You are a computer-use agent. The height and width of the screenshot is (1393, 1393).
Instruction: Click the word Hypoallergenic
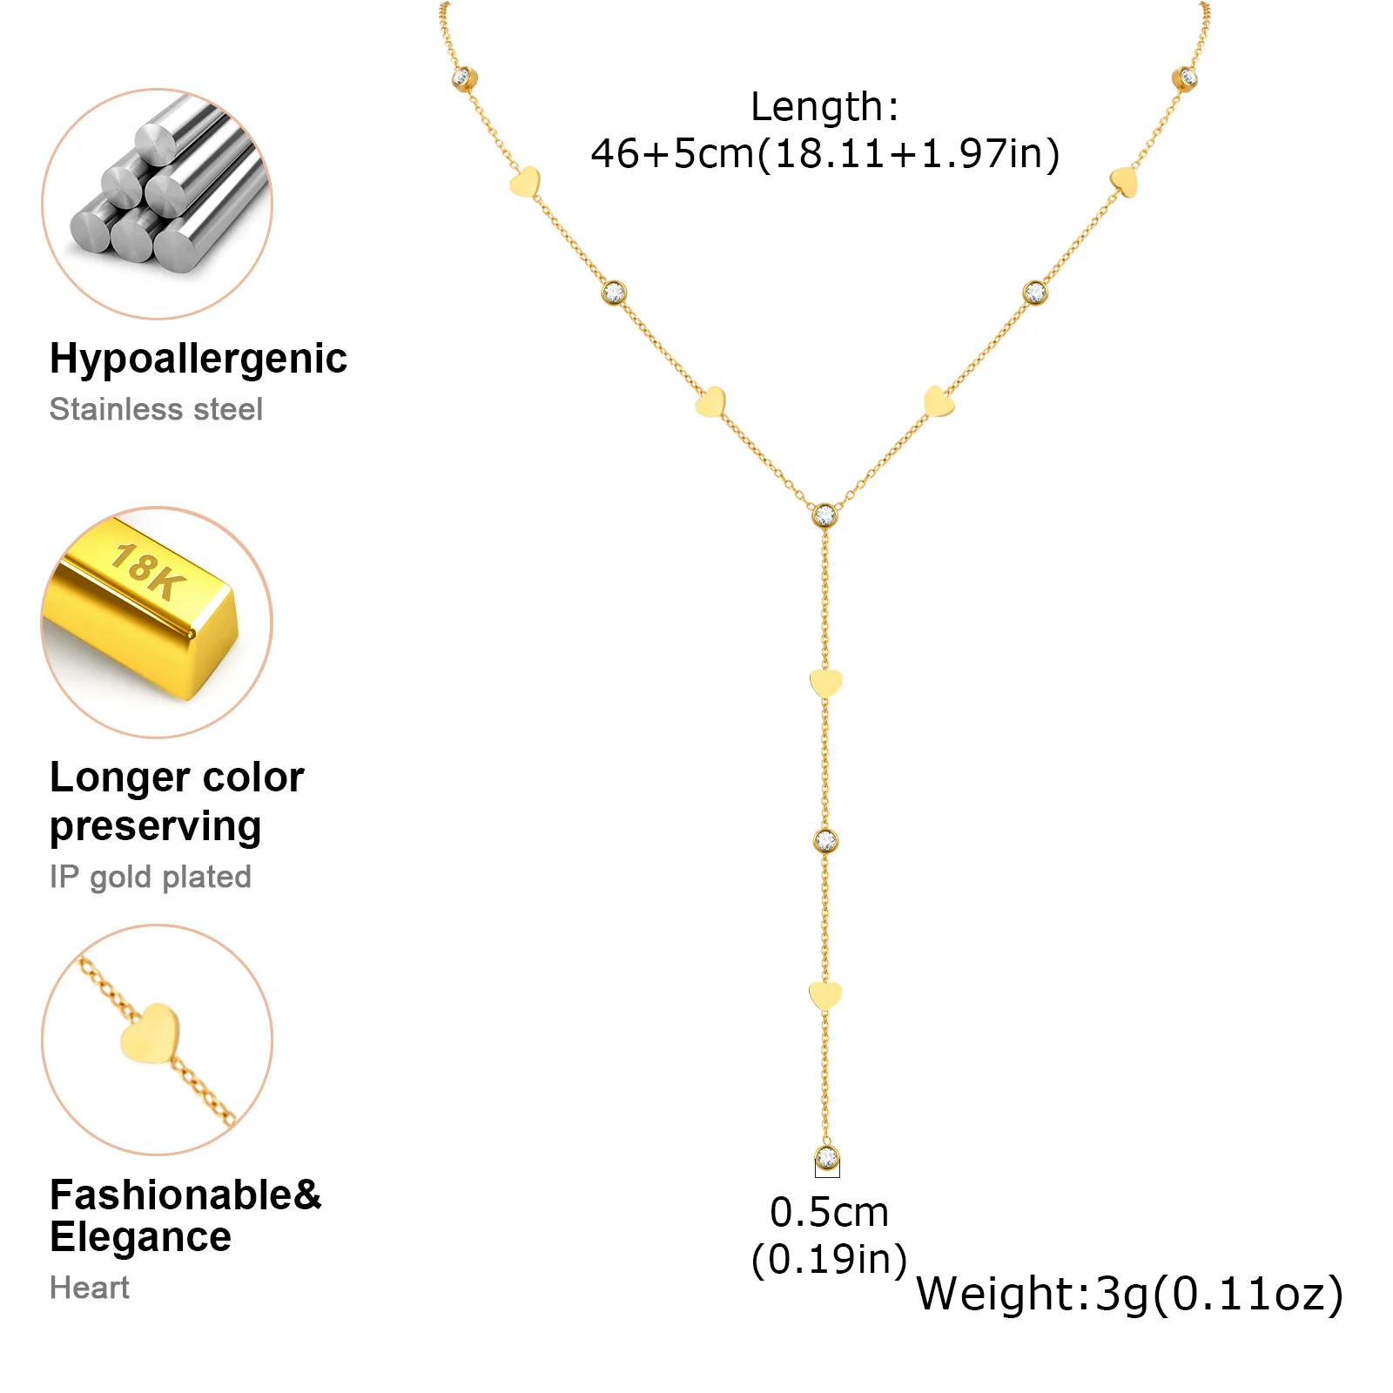[199, 360]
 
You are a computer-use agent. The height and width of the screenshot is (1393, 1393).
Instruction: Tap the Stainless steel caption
[156, 409]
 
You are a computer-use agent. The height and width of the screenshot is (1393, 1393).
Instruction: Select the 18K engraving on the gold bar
[149, 572]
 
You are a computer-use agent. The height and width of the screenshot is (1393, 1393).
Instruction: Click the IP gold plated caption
[151, 877]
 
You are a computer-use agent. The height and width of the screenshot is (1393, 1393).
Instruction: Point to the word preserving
[156, 827]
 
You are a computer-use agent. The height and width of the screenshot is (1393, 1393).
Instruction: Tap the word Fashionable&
[185, 1194]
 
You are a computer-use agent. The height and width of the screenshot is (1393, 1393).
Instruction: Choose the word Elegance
[141, 1237]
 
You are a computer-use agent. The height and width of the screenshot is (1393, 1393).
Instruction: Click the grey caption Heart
[90, 1288]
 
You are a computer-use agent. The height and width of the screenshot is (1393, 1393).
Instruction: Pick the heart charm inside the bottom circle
[150, 1033]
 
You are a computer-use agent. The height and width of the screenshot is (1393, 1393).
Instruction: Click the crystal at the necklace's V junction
[824, 515]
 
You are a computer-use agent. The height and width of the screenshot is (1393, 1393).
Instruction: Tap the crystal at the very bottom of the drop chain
[826, 1159]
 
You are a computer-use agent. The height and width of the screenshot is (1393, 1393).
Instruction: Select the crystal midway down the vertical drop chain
[825, 841]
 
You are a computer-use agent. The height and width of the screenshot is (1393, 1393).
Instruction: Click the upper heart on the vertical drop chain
[825, 683]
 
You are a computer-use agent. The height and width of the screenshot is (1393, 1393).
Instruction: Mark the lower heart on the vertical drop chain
[825, 995]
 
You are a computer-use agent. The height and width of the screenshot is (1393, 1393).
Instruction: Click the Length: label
[824, 107]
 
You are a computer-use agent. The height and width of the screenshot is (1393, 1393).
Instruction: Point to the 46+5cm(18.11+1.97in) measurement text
[825, 154]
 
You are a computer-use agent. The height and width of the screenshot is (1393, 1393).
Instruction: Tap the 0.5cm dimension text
[829, 1212]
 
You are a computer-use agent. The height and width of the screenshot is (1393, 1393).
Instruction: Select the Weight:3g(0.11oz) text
[1130, 1294]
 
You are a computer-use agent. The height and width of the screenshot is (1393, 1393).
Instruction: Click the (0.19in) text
[829, 1259]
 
